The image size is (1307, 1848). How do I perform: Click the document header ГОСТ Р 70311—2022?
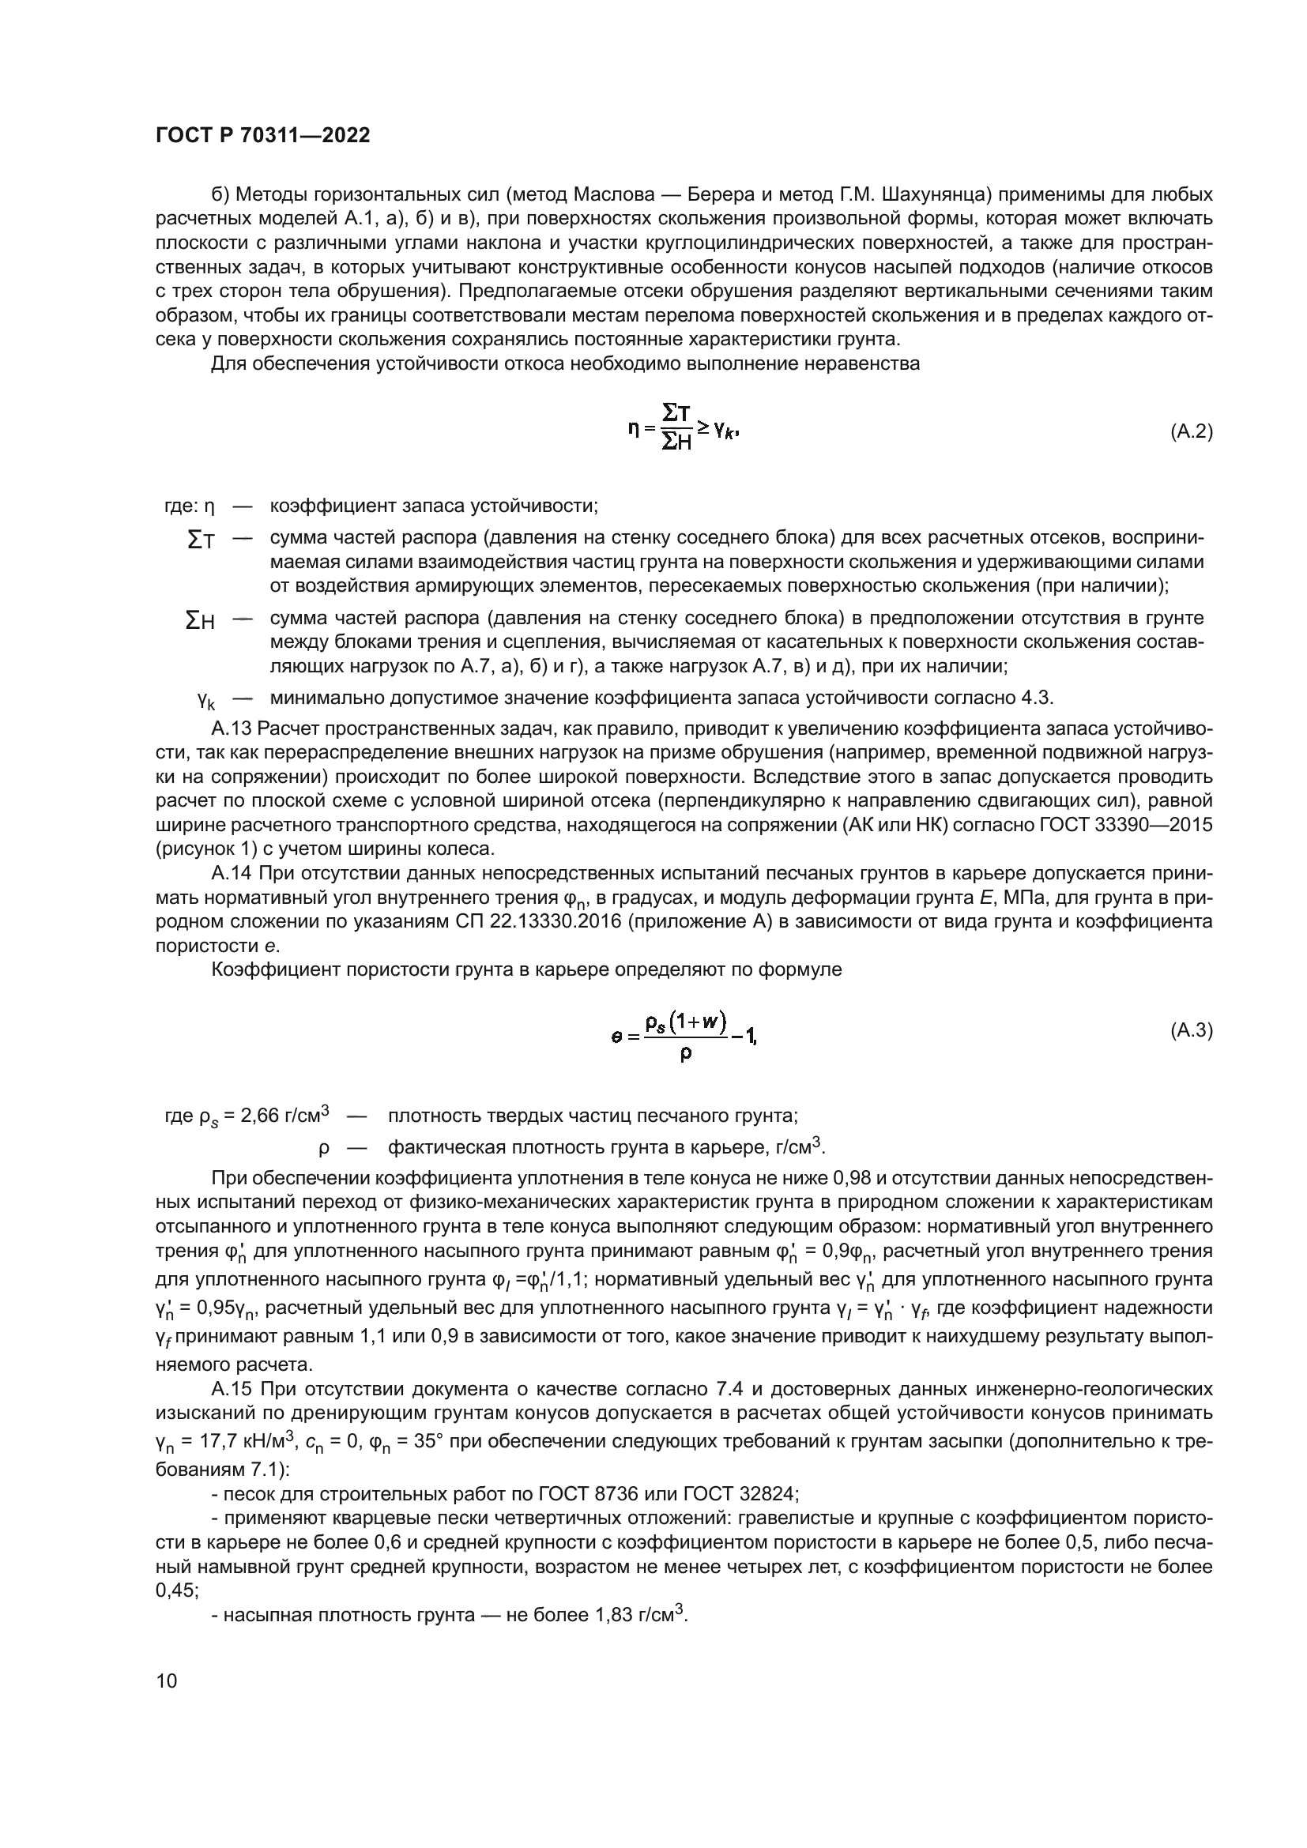click(262, 136)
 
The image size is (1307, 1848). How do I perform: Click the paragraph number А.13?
click(232, 729)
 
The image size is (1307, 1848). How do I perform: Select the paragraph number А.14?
click(232, 873)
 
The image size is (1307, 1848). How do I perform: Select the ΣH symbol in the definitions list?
click(201, 621)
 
